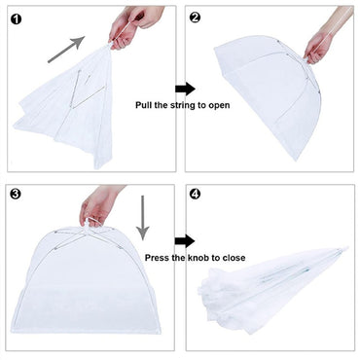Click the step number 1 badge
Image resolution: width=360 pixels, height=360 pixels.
[16, 19]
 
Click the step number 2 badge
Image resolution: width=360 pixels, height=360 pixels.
[195, 18]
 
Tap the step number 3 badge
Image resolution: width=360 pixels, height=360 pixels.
[16, 194]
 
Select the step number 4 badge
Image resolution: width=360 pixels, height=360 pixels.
[195, 195]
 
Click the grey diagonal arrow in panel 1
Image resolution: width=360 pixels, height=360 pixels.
[66, 50]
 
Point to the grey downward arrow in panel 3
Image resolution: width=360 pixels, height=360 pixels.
[142, 218]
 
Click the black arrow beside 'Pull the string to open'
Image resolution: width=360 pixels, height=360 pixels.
[185, 89]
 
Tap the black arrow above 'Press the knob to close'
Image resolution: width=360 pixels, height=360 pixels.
[185, 241]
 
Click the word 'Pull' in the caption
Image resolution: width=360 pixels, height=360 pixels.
[143, 105]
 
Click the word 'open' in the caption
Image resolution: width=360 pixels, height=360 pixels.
[219, 106]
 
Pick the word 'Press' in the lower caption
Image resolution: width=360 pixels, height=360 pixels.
[156, 258]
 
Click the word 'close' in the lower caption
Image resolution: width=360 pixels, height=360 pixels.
[234, 258]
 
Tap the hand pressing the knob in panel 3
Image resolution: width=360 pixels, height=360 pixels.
[97, 204]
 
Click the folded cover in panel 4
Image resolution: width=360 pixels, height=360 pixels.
[272, 290]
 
